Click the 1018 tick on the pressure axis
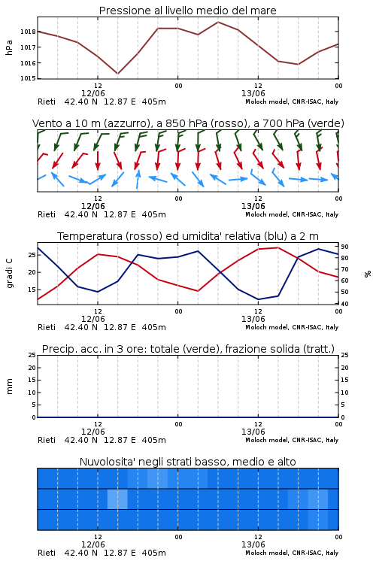[x=28, y=32]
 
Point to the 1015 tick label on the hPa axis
[x=28, y=78]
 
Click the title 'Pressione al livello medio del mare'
[x=188, y=11]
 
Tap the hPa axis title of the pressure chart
[x=9, y=47]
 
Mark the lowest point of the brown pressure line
[x=117, y=74]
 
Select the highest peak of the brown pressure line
[x=218, y=22]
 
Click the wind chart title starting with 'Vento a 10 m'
[x=188, y=123]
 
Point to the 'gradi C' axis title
[x=10, y=274]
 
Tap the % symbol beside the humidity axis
[x=368, y=274]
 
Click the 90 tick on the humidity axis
[x=344, y=247]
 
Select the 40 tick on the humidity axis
[x=344, y=304]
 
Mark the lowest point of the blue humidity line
[x=259, y=299]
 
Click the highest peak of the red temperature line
[x=277, y=247]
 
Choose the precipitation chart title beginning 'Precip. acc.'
[x=188, y=349]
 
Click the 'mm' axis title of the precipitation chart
[x=9, y=387]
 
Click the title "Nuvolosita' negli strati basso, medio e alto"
[x=188, y=462]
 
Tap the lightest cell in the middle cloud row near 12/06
[x=117, y=499]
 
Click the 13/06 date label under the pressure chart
[x=253, y=93]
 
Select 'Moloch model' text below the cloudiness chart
[x=266, y=553]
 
